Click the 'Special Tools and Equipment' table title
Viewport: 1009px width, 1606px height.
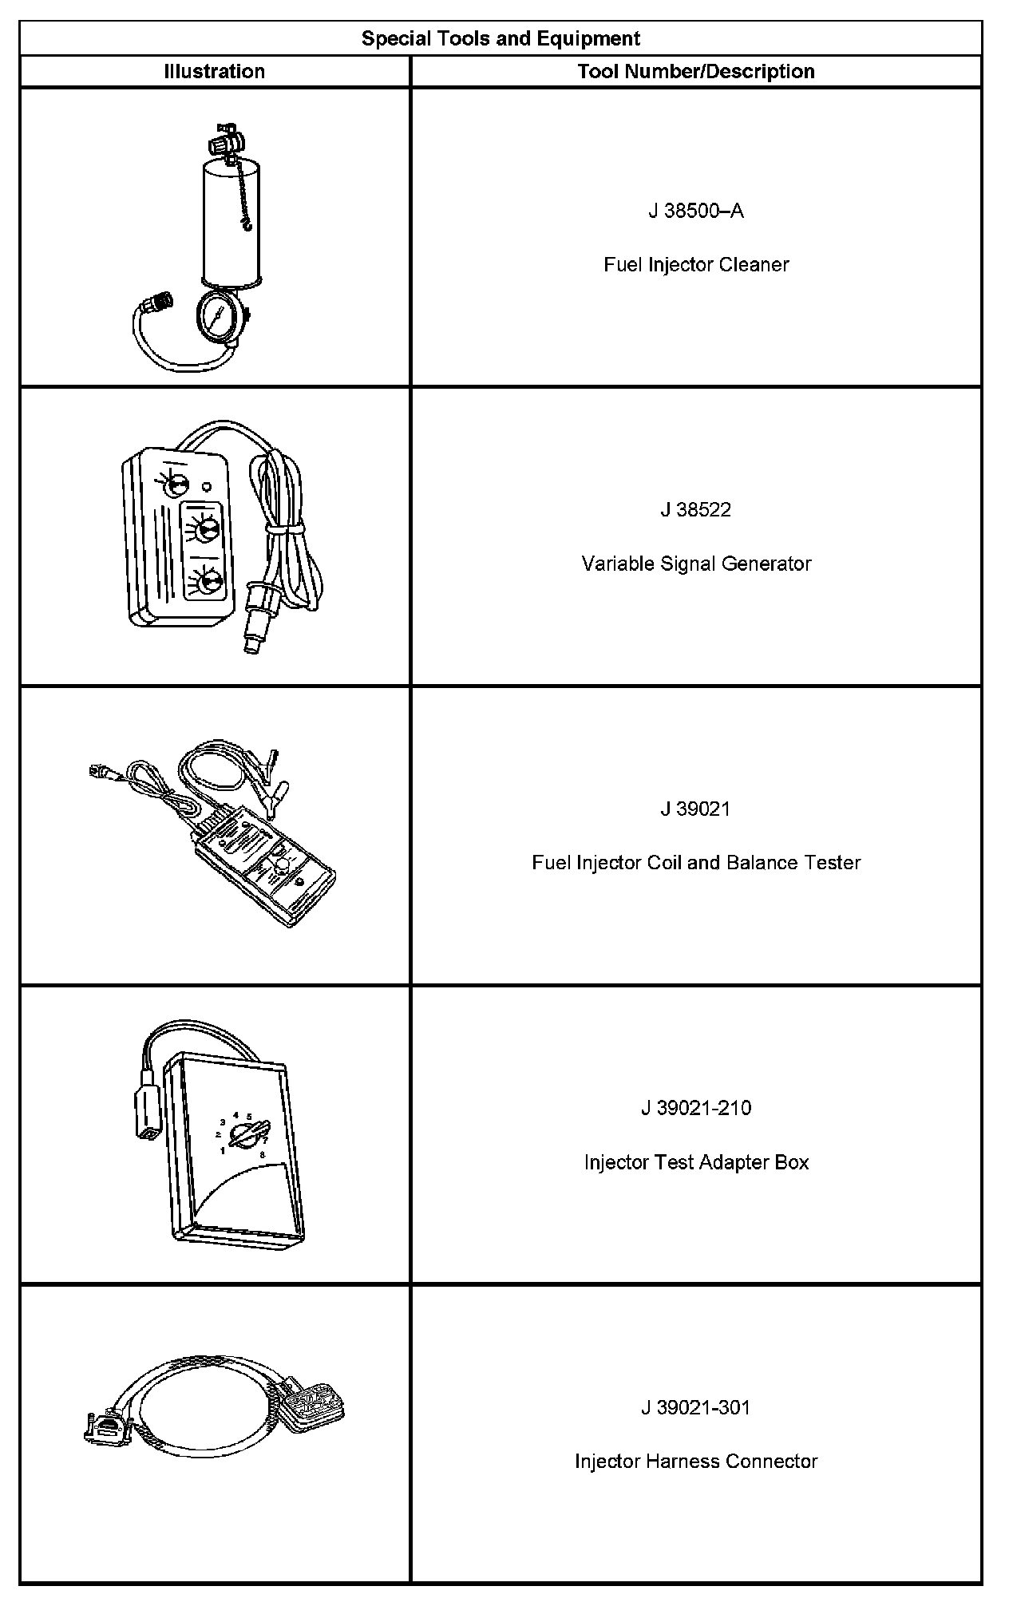[501, 38]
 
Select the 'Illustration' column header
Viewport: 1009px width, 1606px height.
[214, 71]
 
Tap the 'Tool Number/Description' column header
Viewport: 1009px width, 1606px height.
[696, 71]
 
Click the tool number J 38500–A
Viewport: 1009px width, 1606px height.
[696, 211]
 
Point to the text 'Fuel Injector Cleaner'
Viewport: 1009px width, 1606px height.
[696, 265]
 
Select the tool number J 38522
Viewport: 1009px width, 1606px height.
[696, 510]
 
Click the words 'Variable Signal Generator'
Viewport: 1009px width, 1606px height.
[696, 564]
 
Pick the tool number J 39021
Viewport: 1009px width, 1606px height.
[696, 809]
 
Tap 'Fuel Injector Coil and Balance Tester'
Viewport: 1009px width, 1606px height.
[696, 863]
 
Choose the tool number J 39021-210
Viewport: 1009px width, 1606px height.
[696, 1109]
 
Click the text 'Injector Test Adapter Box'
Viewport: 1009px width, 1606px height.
[696, 1162]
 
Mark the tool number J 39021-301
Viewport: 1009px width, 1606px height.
[696, 1407]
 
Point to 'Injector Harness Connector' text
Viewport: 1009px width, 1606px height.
[696, 1462]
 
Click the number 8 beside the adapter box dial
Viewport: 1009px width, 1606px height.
[263, 1154]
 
